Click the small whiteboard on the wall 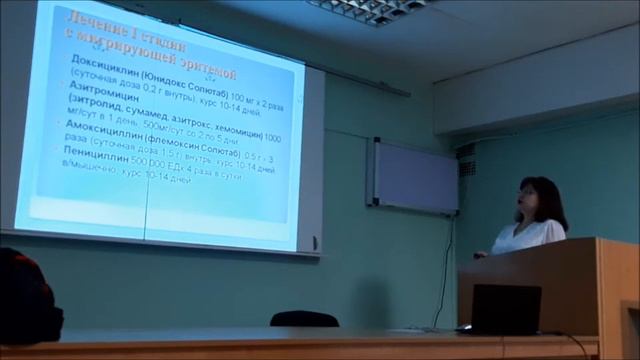pyautogui.click(x=415, y=177)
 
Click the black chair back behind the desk pyautogui.click(x=304, y=319)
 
